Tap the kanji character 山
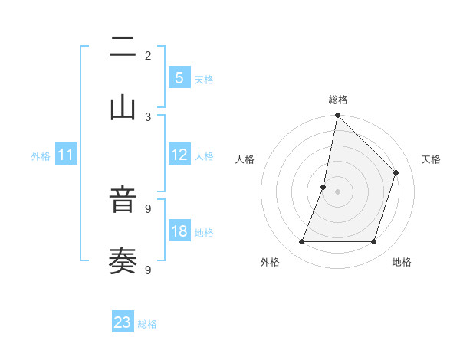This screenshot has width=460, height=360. click(x=123, y=107)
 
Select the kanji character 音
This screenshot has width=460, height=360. click(x=123, y=203)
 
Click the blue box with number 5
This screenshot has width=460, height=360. click(x=179, y=77)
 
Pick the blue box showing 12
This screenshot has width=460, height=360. click(x=179, y=155)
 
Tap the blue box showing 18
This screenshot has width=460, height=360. click(x=179, y=231)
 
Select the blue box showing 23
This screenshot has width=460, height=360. click(x=123, y=322)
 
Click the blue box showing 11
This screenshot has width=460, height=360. click(x=66, y=155)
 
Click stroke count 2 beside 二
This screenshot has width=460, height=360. click(x=148, y=56)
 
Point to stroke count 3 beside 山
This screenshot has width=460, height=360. click(x=148, y=116)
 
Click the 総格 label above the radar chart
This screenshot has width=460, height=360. click(x=338, y=100)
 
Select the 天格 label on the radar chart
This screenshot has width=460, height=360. click(x=431, y=159)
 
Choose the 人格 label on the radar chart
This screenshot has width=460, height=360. click(x=245, y=159)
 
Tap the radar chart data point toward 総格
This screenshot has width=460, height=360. click(x=337, y=116)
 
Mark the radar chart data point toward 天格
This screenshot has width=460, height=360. click(x=396, y=172)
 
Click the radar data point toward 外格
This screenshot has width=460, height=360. click(x=302, y=242)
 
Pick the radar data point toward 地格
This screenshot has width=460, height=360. click(x=374, y=242)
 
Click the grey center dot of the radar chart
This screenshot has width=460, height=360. click(x=337, y=191)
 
